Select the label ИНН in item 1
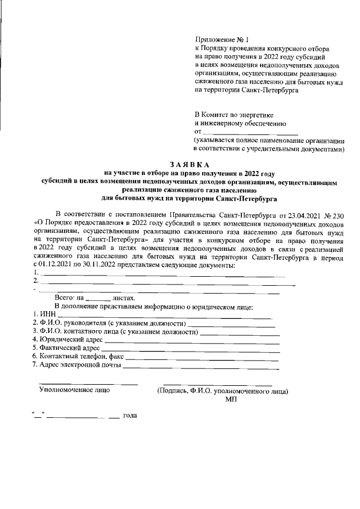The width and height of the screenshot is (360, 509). pyautogui.click(x=46, y=315)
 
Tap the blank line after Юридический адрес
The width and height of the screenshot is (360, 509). pyautogui.click(x=192, y=341)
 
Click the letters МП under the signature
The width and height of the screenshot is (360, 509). pyautogui.click(x=231, y=398)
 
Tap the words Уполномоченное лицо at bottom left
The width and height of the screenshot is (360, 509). pyautogui.click(x=74, y=389)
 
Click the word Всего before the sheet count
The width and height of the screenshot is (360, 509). pyautogui.click(x=64, y=298)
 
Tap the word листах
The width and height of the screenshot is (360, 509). pyautogui.click(x=124, y=298)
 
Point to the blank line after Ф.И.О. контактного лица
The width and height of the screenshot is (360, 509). pyautogui.click(x=240, y=333)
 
